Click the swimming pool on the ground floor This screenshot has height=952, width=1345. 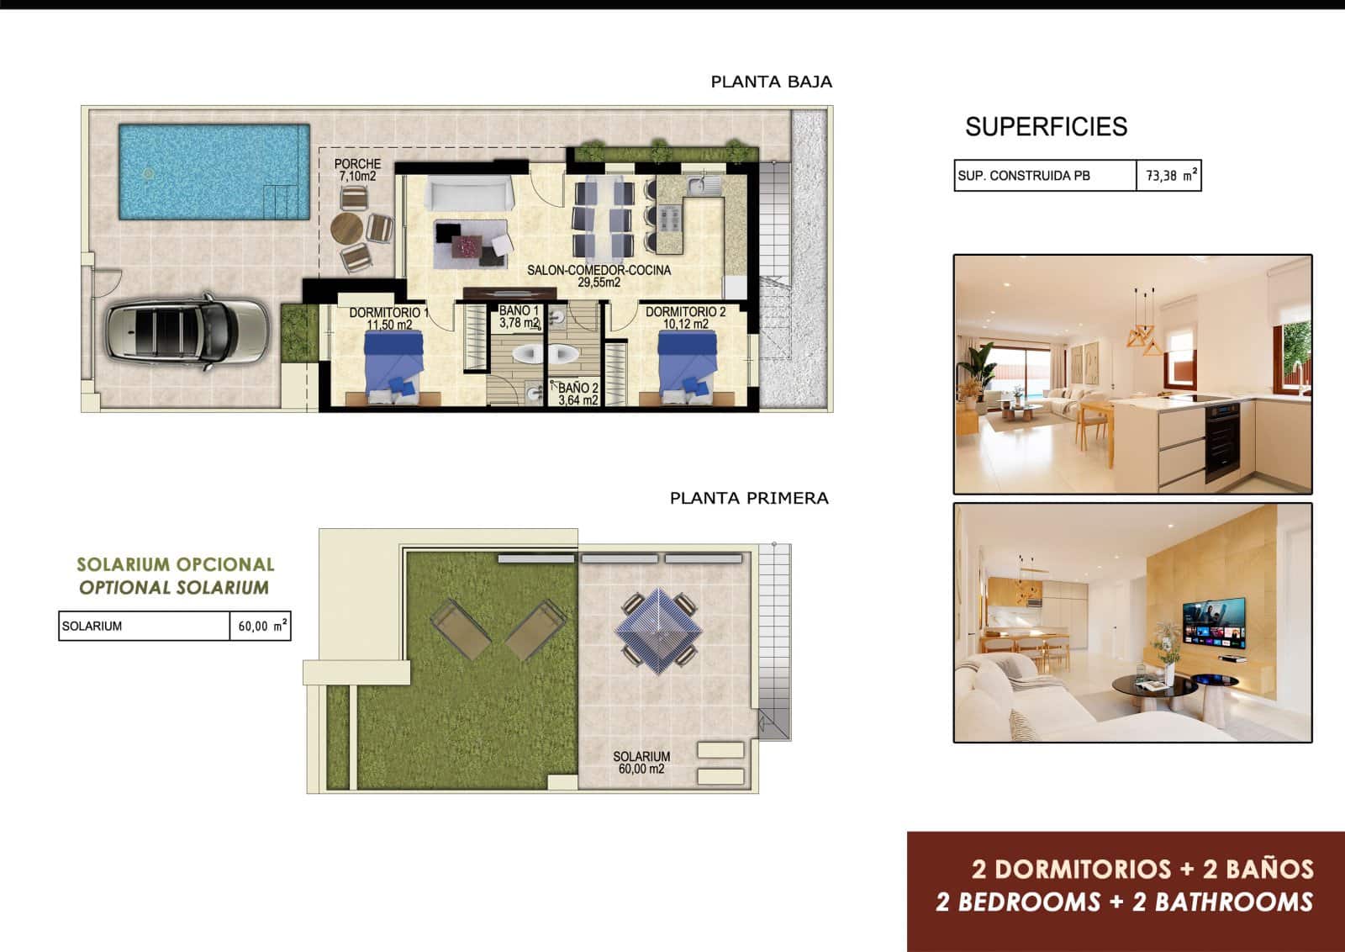click(214, 172)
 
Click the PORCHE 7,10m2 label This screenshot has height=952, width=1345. click(357, 170)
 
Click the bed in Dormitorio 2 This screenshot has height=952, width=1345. click(687, 362)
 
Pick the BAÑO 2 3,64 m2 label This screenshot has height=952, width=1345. click(578, 394)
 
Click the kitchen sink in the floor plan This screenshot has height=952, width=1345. click(699, 184)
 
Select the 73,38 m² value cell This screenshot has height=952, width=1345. click(1169, 176)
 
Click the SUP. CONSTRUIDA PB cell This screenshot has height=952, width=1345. click(1044, 176)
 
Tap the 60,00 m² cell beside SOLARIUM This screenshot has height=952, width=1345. click(261, 626)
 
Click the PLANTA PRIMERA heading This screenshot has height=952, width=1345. click(749, 498)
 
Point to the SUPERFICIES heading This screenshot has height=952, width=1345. click(1046, 126)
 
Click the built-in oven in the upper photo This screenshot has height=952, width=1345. click(1223, 436)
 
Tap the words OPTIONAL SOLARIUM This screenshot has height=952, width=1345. click(174, 588)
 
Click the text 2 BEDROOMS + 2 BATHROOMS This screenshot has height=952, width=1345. click(1124, 902)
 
